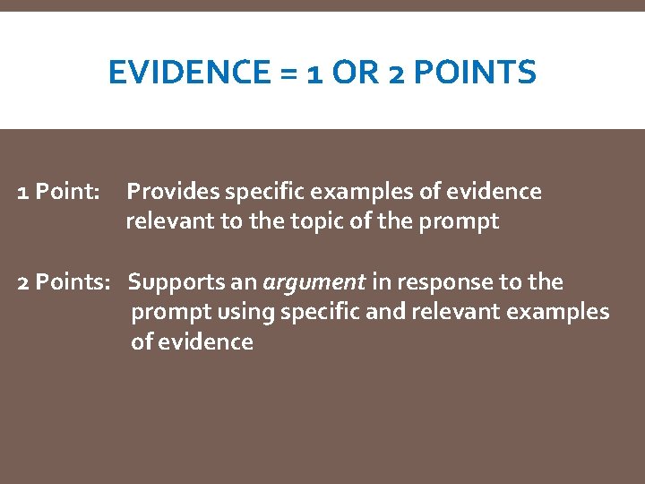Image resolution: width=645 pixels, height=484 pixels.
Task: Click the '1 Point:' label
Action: pyautogui.click(x=59, y=192)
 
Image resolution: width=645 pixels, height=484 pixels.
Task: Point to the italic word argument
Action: pyautogui.click(x=314, y=283)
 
